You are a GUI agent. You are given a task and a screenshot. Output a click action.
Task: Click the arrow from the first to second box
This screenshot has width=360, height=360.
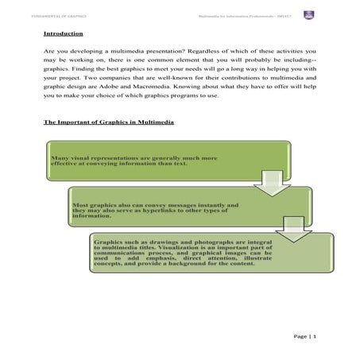pos(259,185)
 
